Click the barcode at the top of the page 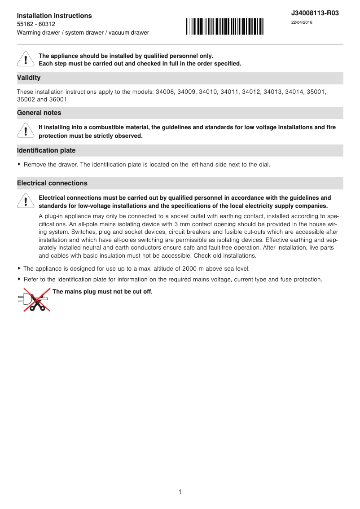pyautogui.click(x=225, y=26)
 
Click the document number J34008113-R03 pyautogui.click(x=315, y=13)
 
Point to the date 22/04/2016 pyautogui.click(x=302, y=22)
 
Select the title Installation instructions pyautogui.click(x=54, y=16)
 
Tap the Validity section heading pyautogui.click(x=29, y=78)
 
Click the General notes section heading pyautogui.click(x=39, y=113)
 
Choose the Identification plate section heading pyautogui.click(x=46, y=150)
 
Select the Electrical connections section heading pyautogui.click(x=52, y=184)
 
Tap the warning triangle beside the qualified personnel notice pyautogui.click(x=26, y=60)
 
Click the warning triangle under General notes pyautogui.click(x=26, y=131)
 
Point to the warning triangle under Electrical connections pyautogui.click(x=26, y=202)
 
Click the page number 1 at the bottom pyautogui.click(x=180, y=492)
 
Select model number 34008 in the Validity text pyautogui.click(x=165, y=92)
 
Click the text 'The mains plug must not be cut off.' pyautogui.click(x=102, y=292)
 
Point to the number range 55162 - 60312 pyautogui.click(x=36, y=24)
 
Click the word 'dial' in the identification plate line pyautogui.click(x=263, y=165)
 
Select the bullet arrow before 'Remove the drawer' pyautogui.click(x=19, y=165)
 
